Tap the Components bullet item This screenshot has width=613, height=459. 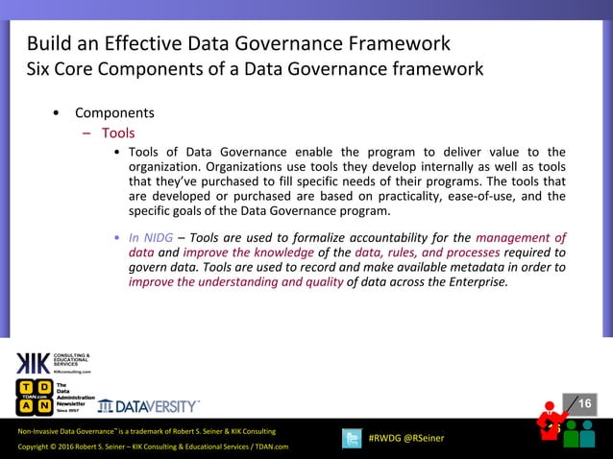tap(114, 113)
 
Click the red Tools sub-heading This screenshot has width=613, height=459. tap(118, 133)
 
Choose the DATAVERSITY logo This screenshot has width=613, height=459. tap(149, 405)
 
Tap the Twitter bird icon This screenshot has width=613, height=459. tap(352, 437)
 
